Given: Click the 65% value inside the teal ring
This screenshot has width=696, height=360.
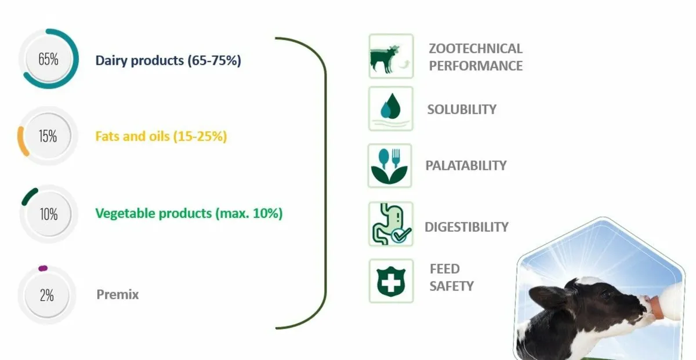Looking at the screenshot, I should click(48, 59).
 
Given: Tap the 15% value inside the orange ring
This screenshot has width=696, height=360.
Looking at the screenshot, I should click(48, 137).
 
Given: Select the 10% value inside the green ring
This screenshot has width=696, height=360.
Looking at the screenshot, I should click(48, 214).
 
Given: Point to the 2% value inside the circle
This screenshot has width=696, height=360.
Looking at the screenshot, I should click(47, 295).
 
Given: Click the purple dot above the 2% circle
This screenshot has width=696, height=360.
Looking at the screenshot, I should click(42, 268).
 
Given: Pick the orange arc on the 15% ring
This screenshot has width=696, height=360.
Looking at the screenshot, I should click(22, 141).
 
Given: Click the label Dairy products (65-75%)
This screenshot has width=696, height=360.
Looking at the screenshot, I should click(168, 60).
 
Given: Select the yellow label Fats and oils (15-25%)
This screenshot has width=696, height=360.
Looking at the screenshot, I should click(161, 137).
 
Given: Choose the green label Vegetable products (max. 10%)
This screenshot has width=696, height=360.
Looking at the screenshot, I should click(188, 213).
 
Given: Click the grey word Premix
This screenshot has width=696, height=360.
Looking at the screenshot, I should click(118, 294).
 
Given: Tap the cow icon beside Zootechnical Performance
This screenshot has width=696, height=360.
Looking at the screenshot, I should click(391, 56).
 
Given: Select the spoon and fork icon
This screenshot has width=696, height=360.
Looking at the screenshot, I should click(390, 166).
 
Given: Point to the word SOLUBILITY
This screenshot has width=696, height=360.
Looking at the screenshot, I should click(462, 109).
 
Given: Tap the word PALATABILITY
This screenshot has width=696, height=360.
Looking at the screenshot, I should click(466, 165).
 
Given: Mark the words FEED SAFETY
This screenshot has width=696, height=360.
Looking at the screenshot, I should click(451, 277).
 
